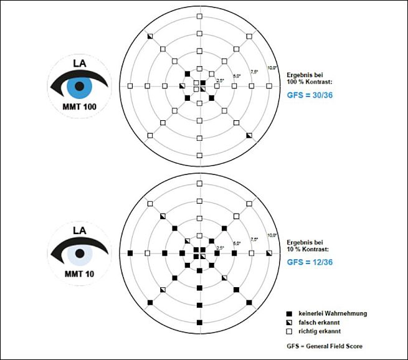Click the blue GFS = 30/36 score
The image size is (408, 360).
(309, 97)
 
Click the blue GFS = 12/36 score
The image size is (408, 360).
(309, 262)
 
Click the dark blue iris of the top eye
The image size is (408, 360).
(79, 85)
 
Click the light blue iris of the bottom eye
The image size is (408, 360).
(79, 252)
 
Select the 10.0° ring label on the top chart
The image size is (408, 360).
(272, 67)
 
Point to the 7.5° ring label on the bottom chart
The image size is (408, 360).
(254, 238)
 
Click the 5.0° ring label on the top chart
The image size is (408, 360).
(237, 76)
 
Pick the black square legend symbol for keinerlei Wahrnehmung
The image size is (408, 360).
(289, 313)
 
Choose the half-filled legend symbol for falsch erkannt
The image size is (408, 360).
(289, 323)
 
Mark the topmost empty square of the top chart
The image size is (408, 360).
(199, 17)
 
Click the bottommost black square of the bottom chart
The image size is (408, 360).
(199, 321)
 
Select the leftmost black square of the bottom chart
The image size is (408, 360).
(130, 252)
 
